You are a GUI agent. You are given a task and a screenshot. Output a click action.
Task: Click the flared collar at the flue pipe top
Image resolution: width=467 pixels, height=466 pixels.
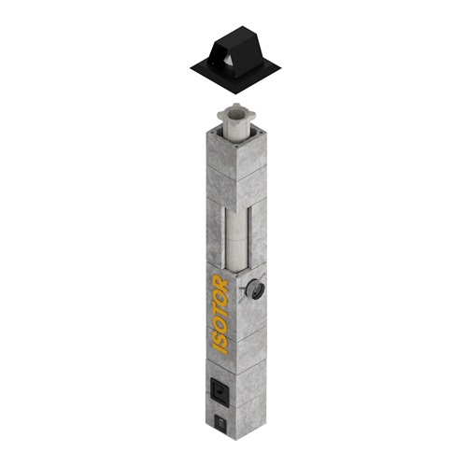coord(236,115)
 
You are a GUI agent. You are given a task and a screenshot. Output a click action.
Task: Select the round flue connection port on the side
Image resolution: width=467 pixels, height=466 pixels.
coord(256,289)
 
